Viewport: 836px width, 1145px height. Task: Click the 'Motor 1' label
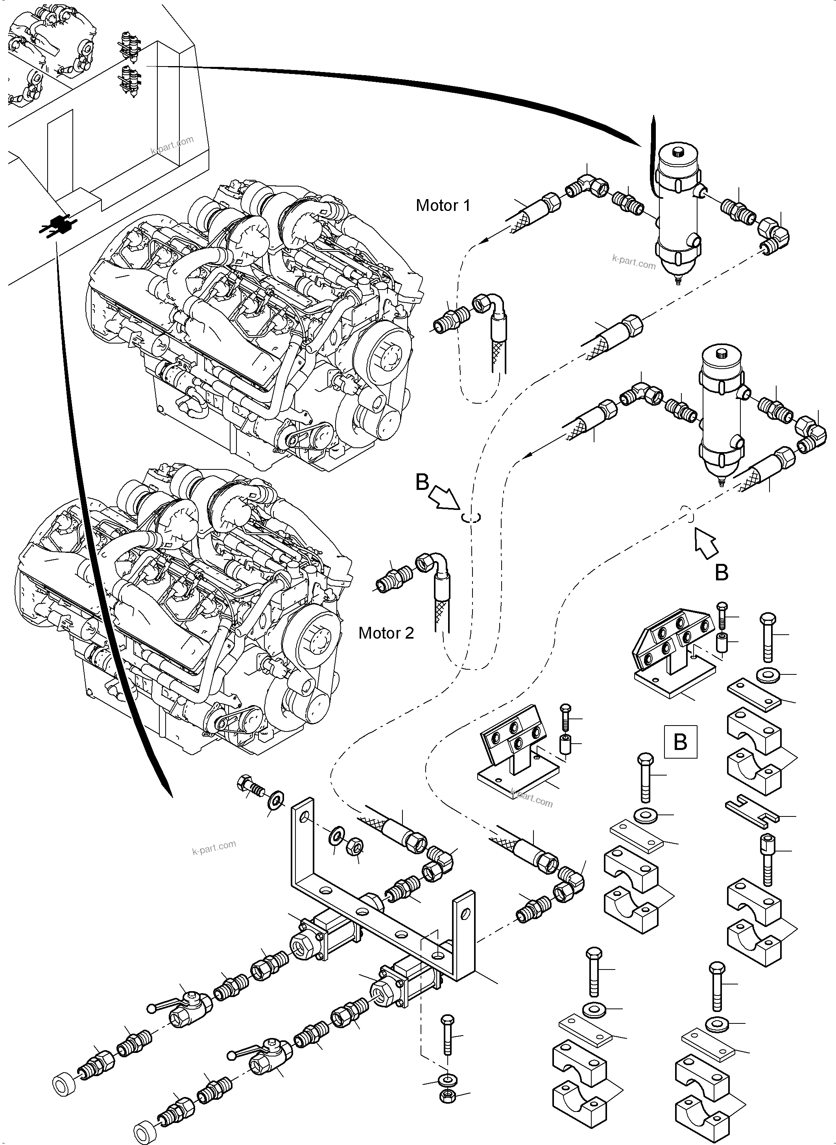[443, 205]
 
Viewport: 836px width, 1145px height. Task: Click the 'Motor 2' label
[386, 633]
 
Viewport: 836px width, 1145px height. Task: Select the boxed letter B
[680, 742]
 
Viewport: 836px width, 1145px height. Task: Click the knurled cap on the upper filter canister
[678, 151]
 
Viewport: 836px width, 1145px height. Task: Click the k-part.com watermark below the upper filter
[633, 262]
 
